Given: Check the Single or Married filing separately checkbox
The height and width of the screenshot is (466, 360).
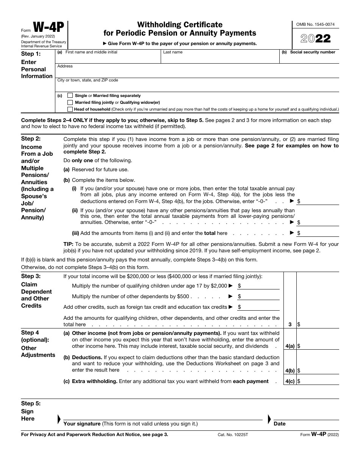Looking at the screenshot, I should pos(70,96).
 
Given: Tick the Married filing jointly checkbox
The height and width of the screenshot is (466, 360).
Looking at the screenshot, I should pos(70,102).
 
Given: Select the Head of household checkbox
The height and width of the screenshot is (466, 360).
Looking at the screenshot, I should pos(70,109).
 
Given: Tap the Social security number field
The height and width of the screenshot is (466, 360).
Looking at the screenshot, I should pos(309,58).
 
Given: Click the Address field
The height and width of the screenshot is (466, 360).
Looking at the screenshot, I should pos(197,72).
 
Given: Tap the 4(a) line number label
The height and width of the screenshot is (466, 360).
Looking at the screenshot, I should pos(290,346).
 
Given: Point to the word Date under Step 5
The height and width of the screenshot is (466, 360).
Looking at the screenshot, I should pos(280,424).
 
